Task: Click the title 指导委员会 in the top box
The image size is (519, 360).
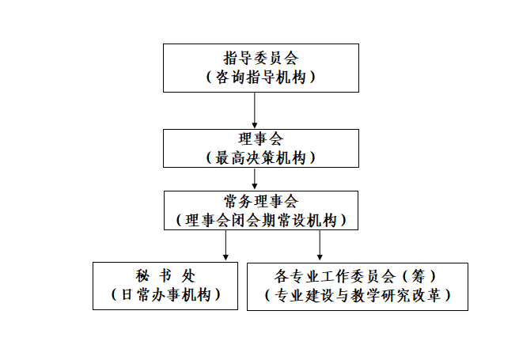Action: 261,59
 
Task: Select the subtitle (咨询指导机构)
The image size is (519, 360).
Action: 261,77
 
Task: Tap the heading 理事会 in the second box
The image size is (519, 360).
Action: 261,138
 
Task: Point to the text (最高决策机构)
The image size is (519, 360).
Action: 261,157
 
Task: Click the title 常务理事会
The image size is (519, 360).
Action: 261,201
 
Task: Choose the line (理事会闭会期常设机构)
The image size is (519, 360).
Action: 261,220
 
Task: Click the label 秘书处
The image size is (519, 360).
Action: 165,275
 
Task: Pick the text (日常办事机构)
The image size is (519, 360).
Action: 165,294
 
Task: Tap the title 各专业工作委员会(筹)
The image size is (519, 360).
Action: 354,276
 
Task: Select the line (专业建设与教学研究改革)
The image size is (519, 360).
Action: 358,295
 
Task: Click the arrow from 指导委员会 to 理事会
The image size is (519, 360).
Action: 255,110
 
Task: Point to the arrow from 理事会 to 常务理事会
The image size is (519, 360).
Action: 255,179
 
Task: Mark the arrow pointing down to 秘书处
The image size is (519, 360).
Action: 225,245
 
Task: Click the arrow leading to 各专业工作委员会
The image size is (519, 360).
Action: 320,245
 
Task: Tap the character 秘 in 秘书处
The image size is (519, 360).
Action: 142,275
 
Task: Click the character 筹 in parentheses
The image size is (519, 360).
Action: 419,276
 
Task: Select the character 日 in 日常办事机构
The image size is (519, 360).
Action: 127,294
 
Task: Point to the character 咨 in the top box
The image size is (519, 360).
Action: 223,77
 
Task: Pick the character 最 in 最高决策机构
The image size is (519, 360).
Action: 223,157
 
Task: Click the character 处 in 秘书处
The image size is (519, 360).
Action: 188,275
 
